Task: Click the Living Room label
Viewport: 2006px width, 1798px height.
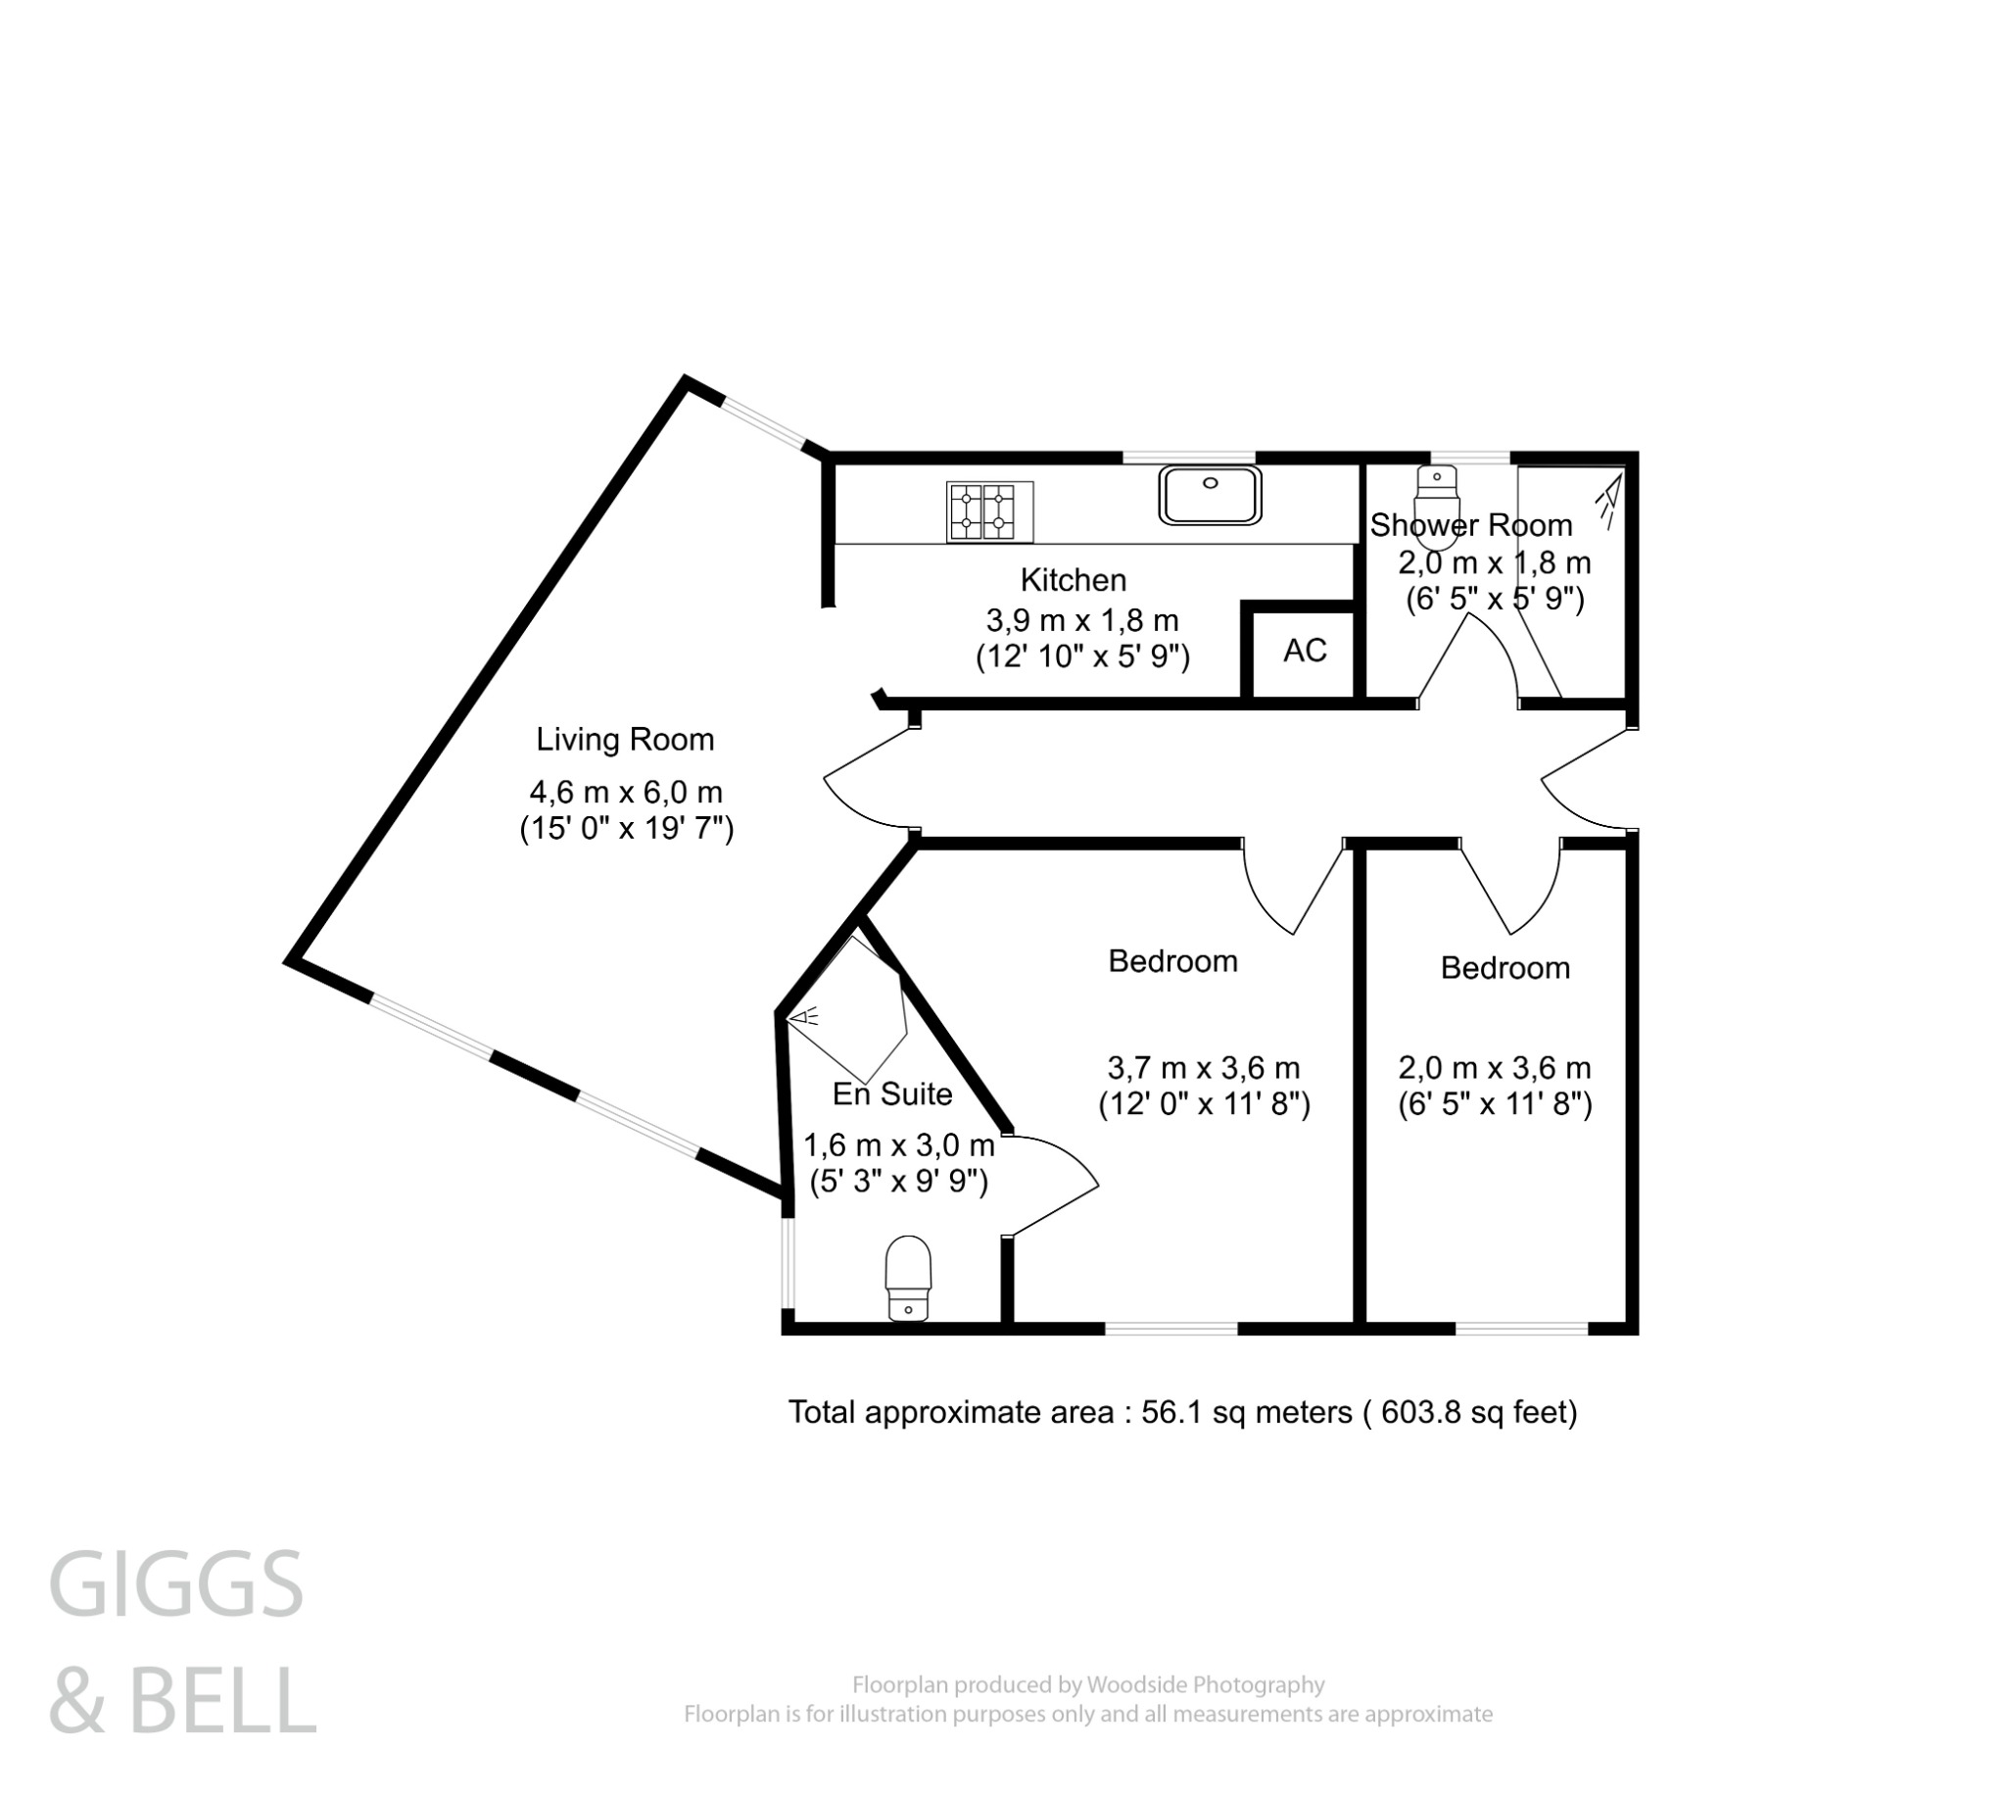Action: [x=624, y=740]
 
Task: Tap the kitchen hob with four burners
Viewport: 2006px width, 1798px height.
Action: [x=988, y=510]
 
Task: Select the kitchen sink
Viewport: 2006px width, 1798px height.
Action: [x=1210, y=494]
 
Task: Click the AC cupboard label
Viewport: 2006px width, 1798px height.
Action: [x=1305, y=651]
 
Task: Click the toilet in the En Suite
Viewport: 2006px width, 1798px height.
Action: [x=908, y=1279]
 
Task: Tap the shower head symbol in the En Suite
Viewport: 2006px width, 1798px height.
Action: [x=806, y=1016]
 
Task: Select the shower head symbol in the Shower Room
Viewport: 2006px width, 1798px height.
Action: [x=1609, y=500]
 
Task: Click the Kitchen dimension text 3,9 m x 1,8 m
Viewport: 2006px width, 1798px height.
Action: [x=1082, y=621]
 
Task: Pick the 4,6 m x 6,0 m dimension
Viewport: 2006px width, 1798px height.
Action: [x=626, y=793]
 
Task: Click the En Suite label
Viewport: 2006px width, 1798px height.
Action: [x=892, y=1094]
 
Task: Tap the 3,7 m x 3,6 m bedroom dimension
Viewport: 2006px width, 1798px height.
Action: [x=1203, y=1068]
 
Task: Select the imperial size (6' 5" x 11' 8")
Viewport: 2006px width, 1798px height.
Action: [x=1495, y=1103]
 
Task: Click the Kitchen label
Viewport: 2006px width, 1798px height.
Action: [x=1073, y=580]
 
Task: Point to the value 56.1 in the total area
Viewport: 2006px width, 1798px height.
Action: [x=1172, y=1413]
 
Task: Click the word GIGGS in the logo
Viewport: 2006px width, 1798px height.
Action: [x=175, y=1585]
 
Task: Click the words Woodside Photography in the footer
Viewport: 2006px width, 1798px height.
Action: [x=1205, y=1684]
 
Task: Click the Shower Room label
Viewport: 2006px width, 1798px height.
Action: [x=1469, y=525]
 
